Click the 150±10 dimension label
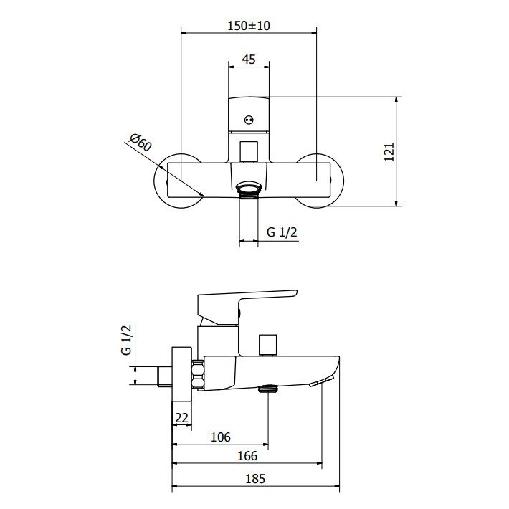248,26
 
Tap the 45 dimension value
249,60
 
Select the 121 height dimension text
389,152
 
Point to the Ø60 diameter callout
141,142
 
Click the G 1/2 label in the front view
282,232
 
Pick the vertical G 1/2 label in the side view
126,340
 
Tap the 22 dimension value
181,418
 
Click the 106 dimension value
221,437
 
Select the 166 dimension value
247,456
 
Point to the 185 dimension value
255,479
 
